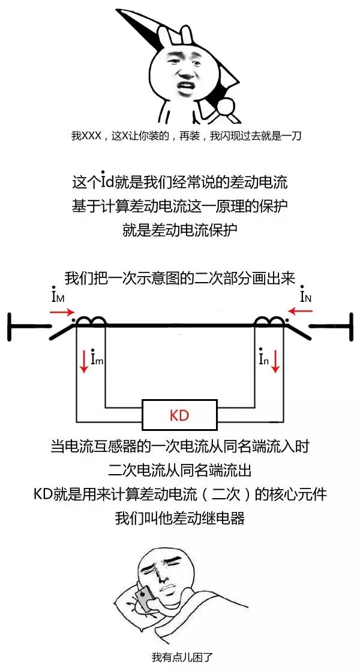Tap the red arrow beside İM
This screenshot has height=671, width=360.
pyautogui.click(x=62, y=312)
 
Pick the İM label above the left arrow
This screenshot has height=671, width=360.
pyautogui.click(x=59, y=296)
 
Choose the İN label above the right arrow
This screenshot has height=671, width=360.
pyautogui.click(x=305, y=295)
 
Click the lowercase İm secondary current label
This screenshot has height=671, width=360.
pyautogui.click(x=97, y=359)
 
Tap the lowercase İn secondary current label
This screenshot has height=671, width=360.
pyautogui.click(x=263, y=359)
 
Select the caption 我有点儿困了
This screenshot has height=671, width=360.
pyautogui.click(x=180, y=657)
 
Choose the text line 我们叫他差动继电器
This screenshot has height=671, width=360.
pyautogui.click(x=180, y=517)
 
